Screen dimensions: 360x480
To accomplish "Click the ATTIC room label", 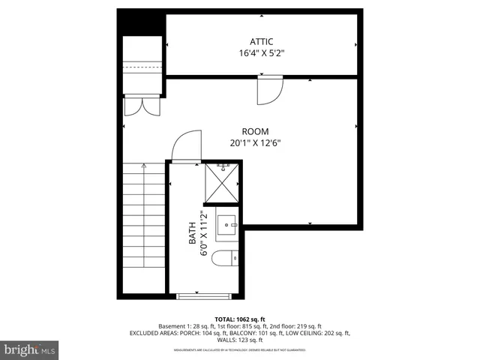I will coord(262,40).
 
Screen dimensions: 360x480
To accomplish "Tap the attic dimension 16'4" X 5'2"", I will coord(262,53).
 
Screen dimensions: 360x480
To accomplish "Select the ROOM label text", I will coord(255,131).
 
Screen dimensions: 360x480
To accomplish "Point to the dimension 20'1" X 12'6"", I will coord(255,143).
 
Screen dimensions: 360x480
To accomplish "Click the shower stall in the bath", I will coord(223,183).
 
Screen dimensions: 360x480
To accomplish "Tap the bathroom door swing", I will coord(185,146).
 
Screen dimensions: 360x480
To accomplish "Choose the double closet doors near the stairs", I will coord(142,106).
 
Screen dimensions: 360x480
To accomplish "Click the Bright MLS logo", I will coord(30,349).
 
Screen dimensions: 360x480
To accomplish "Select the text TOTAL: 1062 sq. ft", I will coord(239,319).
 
